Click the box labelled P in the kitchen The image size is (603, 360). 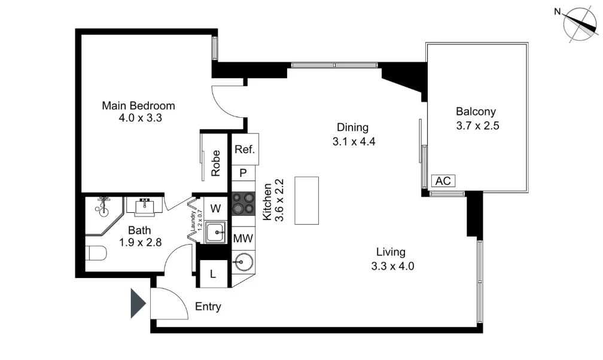pyautogui.click(x=243, y=173)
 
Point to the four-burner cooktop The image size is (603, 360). pyautogui.click(x=243, y=203)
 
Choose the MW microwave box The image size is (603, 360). pyautogui.click(x=243, y=239)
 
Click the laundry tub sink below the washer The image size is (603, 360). pyautogui.click(x=215, y=232)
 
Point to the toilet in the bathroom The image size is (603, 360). pyautogui.click(x=96, y=254)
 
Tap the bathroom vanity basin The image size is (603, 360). pyautogui.click(x=144, y=206)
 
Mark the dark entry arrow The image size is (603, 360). pyautogui.click(x=139, y=303)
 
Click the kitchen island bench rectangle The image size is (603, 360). pyautogui.click(x=307, y=200)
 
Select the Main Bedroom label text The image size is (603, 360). pyautogui.click(x=139, y=106)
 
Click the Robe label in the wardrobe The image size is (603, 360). pyautogui.click(x=216, y=163)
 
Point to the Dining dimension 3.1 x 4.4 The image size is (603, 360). pyautogui.click(x=352, y=142)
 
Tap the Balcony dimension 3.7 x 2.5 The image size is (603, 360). pyautogui.click(x=476, y=126)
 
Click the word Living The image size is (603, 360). pyautogui.click(x=391, y=252)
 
